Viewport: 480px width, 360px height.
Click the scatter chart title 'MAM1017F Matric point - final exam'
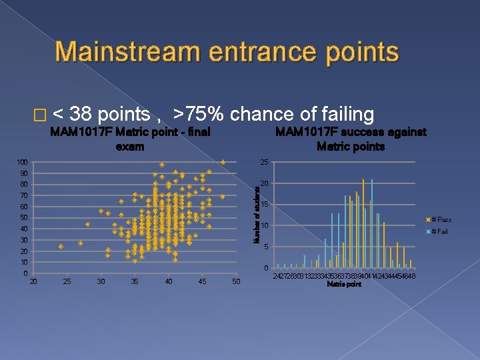coord(131,139)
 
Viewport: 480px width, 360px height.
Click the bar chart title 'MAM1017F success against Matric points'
coord(351,139)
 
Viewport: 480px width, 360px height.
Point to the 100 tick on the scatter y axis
coord(22,162)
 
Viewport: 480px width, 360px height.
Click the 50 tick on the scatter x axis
coord(235,282)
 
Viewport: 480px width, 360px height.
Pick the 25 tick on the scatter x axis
coord(67,282)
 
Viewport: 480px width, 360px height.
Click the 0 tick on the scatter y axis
coord(25,273)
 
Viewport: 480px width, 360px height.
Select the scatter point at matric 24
coord(61,247)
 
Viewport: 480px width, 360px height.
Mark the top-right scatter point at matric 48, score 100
coord(223,162)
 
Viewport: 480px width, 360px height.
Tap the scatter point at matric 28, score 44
coord(87,224)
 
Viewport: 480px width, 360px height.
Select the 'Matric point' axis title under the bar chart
coord(344,285)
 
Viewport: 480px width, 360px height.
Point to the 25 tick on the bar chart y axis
coord(264,162)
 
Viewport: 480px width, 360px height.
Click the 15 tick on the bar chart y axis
coord(264,205)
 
